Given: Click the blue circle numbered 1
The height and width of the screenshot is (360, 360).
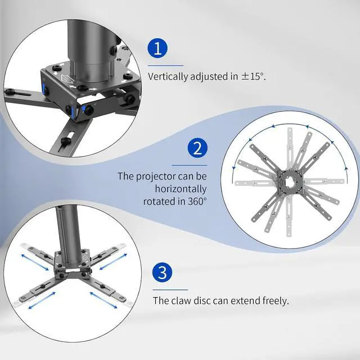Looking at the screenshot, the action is pos(157,48).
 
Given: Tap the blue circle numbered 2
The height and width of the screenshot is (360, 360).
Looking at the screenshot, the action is pos(197,148).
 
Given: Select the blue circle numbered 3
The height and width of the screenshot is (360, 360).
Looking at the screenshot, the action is pos(163,272).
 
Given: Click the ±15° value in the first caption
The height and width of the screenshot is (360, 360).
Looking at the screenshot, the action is pos(253,76).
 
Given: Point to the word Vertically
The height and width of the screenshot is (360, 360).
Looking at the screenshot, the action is pos(168,76).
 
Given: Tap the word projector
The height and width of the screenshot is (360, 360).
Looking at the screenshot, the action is pos(156,177).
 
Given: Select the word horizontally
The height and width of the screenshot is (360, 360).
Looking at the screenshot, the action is pos(181,189).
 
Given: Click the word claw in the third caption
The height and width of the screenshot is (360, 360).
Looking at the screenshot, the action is pos(181,300).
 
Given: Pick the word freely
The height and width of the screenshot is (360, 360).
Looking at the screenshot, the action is pos(276,301).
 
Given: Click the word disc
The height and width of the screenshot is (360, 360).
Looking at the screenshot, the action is pos(202,300).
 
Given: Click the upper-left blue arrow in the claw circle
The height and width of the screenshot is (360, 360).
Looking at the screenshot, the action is pos(35,262).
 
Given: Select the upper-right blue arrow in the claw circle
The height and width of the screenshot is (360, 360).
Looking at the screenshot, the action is pos(113,262).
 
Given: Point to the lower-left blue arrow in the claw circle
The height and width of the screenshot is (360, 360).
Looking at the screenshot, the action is pos(42,300).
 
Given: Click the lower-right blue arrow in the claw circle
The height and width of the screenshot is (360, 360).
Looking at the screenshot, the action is pos(103,300).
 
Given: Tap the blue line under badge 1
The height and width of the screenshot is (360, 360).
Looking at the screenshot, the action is pos(165,66).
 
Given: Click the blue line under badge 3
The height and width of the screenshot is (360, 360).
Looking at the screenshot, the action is pos(170,290).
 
